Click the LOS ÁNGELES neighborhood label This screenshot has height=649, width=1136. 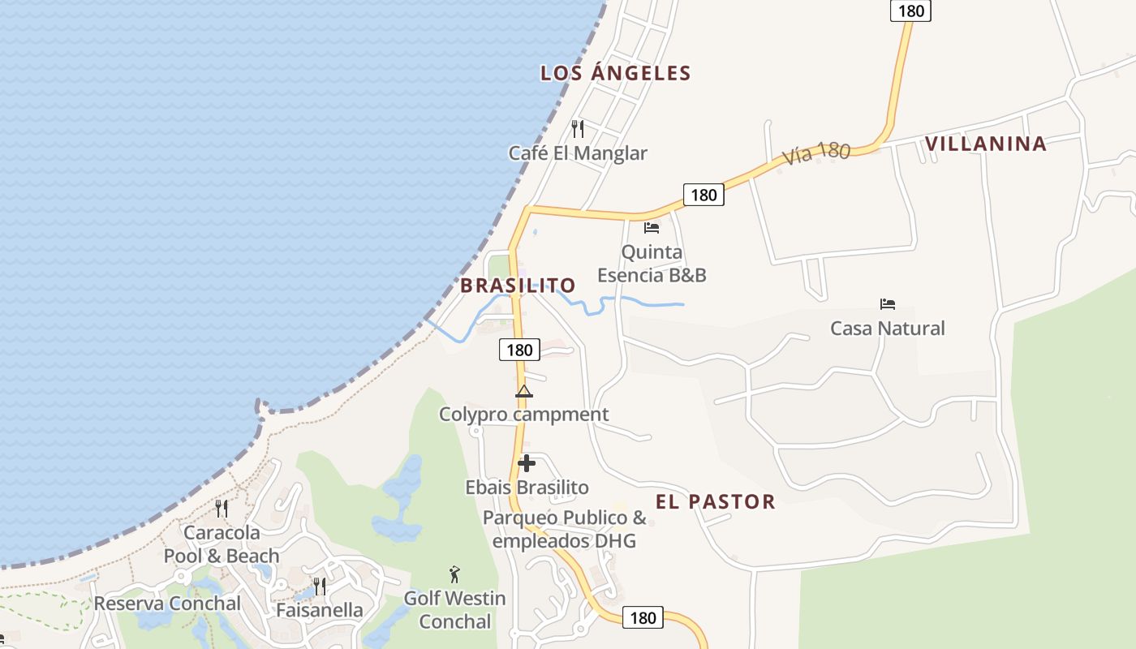pyautogui.click(x=615, y=73)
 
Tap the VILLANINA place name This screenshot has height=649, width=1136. pyautogui.click(x=985, y=144)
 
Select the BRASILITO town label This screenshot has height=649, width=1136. pyautogui.click(x=518, y=286)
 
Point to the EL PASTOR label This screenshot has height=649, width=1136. pyautogui.click(x=715, y=501)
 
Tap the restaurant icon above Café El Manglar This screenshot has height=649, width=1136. pyautogui.click(x=578, y=128)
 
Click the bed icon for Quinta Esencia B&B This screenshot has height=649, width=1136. pyautogui.click(x=652, y=228)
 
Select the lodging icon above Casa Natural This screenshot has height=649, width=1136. pyautogui.click(x=888, y=304)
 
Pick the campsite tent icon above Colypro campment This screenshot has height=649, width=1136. pyautogui.click(x=524, y=392)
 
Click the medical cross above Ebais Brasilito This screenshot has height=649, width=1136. pyautogui.click(x=527, y=463)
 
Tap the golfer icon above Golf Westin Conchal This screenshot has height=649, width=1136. pyautogui.click(x=454, y=574)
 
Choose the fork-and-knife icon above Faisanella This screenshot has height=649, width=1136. pyautogui.click(x=320, y=586)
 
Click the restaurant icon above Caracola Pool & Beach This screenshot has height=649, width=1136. pyautogui.click(x=221, y=509)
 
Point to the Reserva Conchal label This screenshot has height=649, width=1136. pyautogui.click(x=167, y=604)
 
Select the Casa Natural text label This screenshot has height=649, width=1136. pyautogui.click(x=887, y=329)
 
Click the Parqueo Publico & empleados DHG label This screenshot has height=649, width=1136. pyautogui.click(x=564, y=529)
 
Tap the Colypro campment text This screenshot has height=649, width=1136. pyautogui.click(x=523, y=415)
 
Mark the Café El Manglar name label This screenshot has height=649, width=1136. pyautogui.click(x=578, y=153)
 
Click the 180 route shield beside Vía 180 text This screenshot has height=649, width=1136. pyautogui.click(x=703, y=195)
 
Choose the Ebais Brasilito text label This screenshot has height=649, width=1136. pyautogui.click(x=527, y=488)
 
